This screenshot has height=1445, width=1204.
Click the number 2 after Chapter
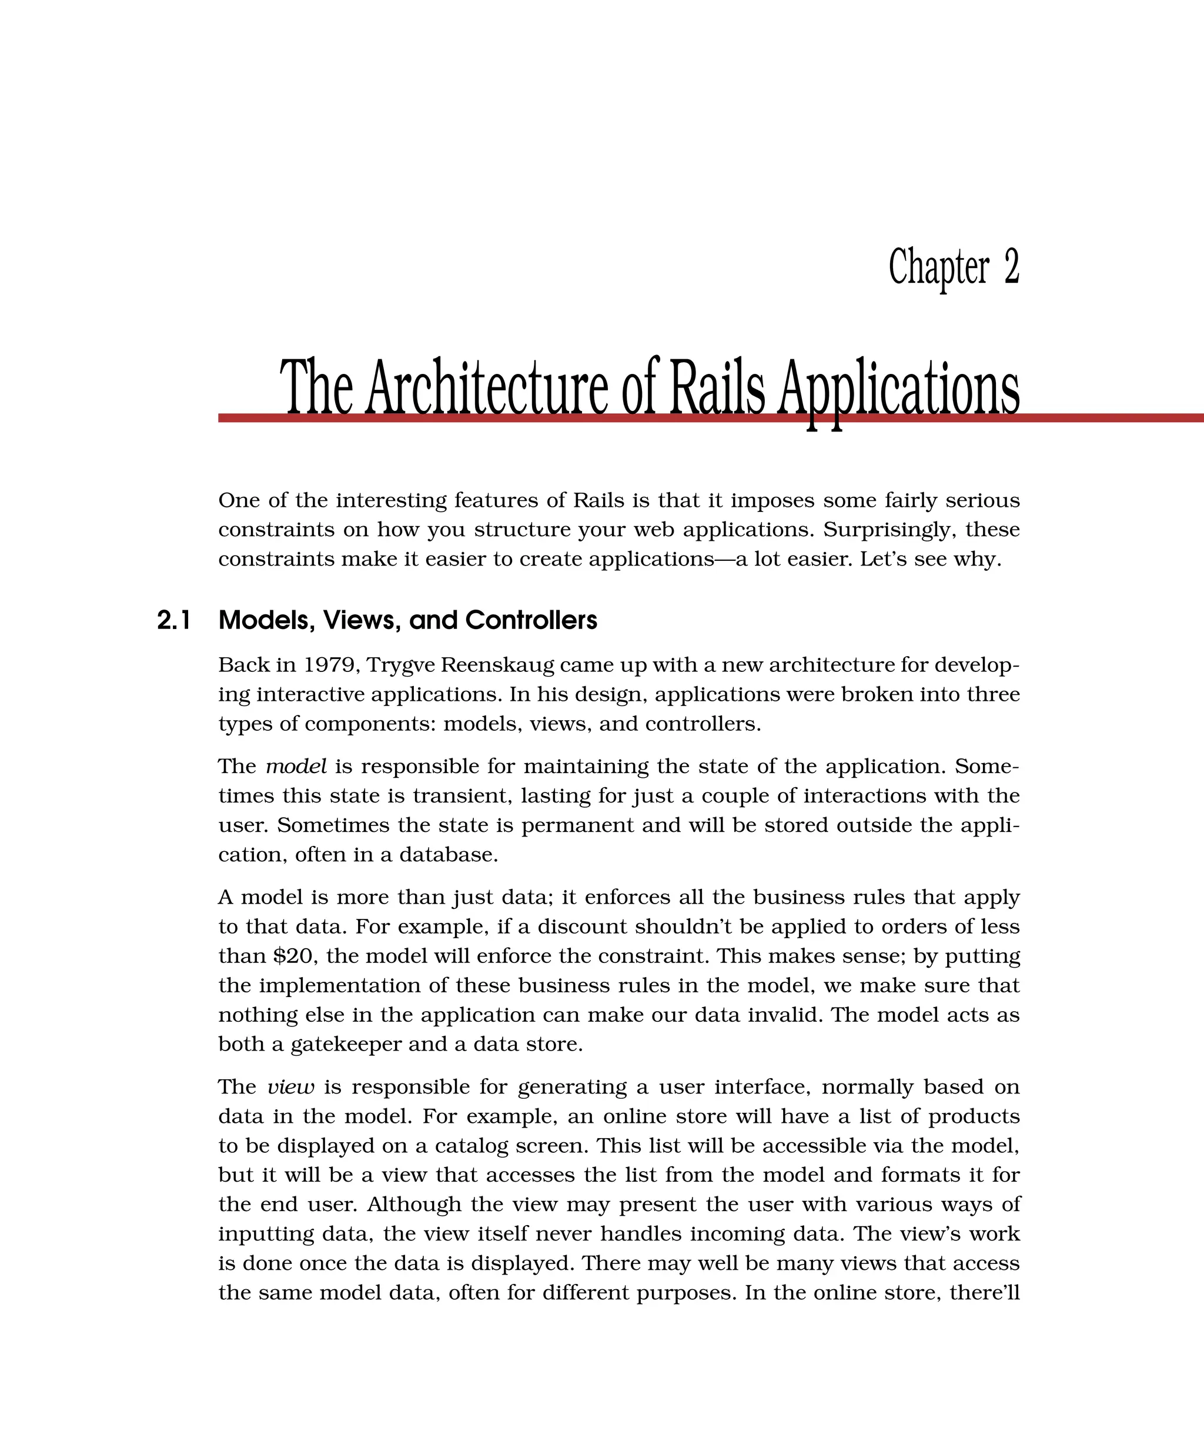(1011, 267)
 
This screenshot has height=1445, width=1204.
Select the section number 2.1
(173, 621)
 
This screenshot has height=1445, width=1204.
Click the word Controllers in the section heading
(530, 621)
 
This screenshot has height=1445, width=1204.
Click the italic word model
(296, 767)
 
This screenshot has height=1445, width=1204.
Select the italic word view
(290, 1087)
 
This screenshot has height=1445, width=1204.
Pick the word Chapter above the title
(938, 268)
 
